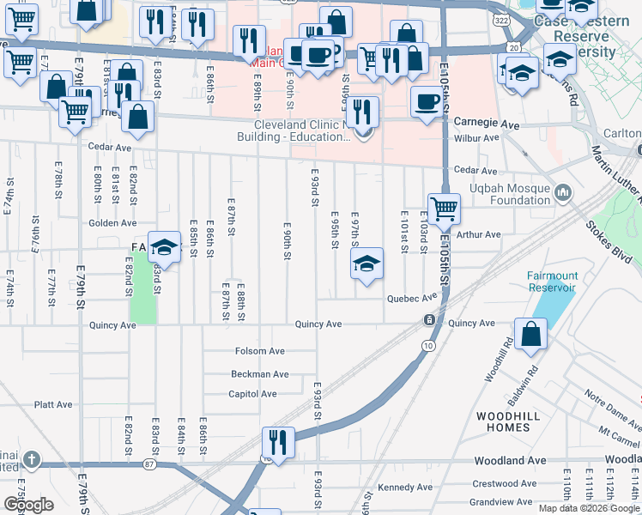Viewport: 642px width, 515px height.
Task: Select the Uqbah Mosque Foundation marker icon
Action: pyautogui.click(x=563, y=191)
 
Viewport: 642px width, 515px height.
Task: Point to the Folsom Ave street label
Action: pyautogui.click(x=259, y=352)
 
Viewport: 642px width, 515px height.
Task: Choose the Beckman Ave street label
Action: pyautogui.click(x=259, y=374)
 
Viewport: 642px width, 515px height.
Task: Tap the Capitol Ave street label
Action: pyautogui.click(x=252, y=394)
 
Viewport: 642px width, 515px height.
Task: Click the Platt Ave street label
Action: pyautogui.click(x=52, y=403)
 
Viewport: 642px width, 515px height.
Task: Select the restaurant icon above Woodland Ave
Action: pyautogui.click(x=277, y=442)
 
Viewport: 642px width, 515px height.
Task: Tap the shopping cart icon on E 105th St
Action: pyautogui.click(x=444, y=208)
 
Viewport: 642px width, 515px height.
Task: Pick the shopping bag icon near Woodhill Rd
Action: pyautogui.click(x=531, y=335)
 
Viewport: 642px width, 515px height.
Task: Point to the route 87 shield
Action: pyautogui.click(x=150, y=464)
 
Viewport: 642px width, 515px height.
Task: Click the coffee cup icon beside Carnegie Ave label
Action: pyautogui.click(x=427, y=101)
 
